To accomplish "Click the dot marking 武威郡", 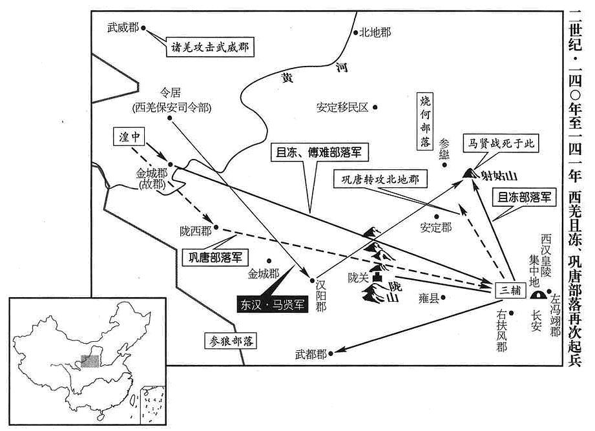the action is coord(143,28).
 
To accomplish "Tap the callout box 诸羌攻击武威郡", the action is coord(210,47).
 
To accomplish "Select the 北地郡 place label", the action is coord(375,32).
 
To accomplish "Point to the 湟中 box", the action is coord(129,136).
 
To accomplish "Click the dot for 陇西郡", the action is coord(216,227).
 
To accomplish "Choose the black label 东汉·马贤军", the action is coord(272,304).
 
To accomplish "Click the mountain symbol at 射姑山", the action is coord(470,173).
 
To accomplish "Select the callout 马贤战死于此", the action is coord(501,143).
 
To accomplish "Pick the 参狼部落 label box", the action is coord(231,341).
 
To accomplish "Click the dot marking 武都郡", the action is coord(331,353).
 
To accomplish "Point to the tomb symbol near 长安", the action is coord(537,294).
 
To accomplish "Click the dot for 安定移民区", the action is coord(375,107).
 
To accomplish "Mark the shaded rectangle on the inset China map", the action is coord(90,361).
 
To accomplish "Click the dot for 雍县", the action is coord(443,298).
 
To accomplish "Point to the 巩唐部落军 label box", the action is coord(215,257).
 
